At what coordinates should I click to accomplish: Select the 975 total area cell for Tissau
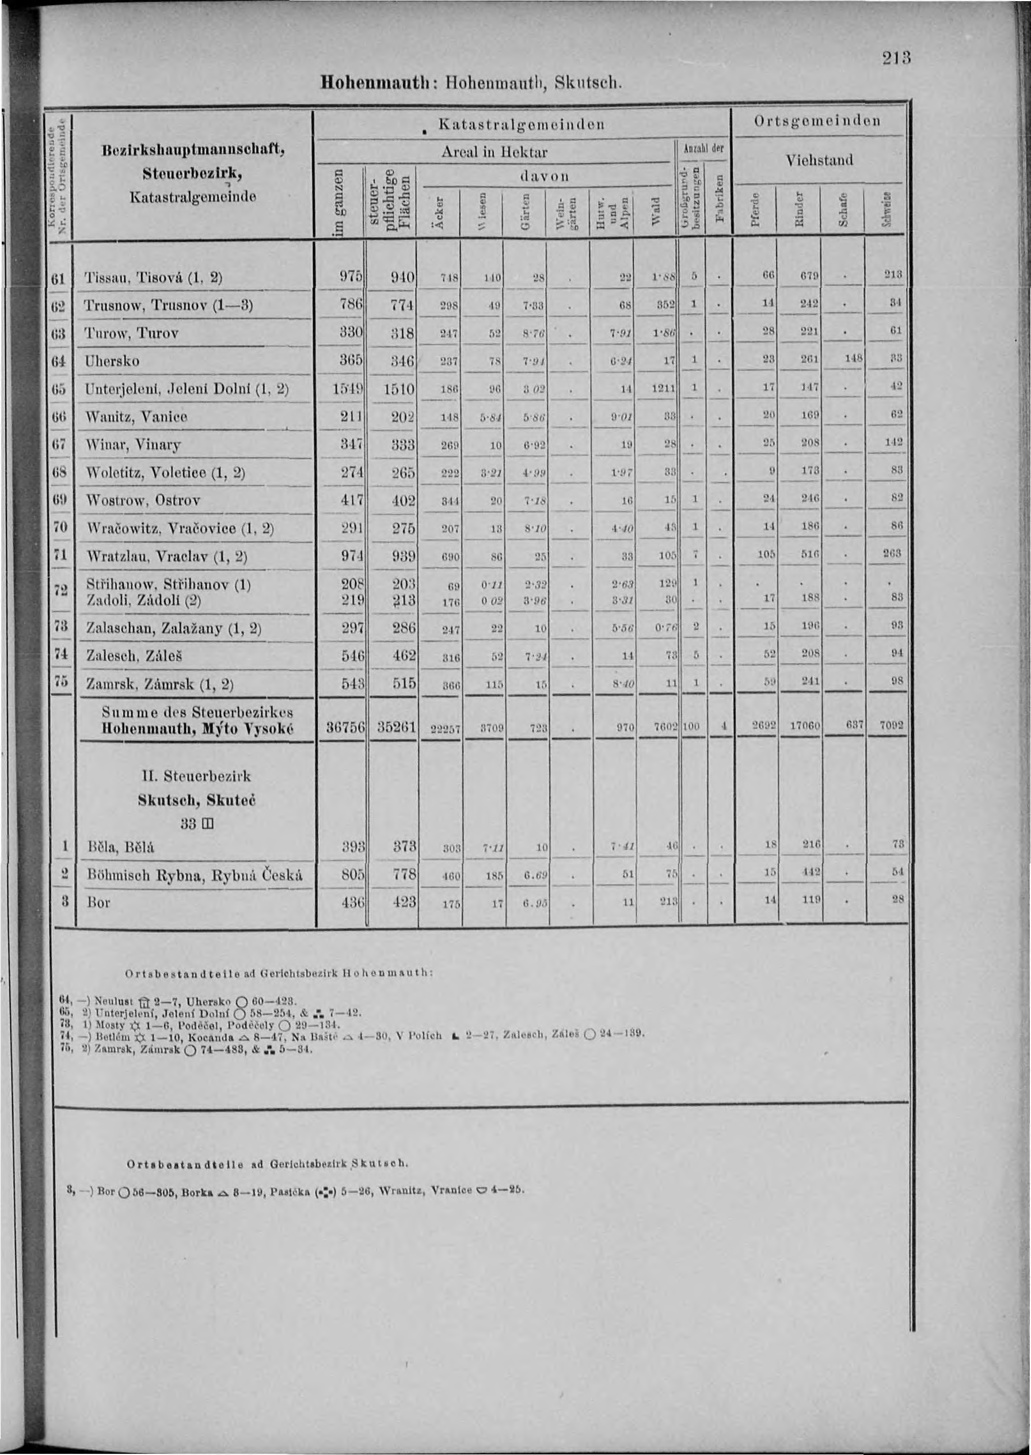[x=351, y=276]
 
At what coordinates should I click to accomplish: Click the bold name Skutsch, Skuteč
[x=196, y=800]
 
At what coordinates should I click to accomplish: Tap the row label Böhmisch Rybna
[x=194, y=875]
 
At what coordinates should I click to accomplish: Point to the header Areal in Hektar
[x=493, y=153]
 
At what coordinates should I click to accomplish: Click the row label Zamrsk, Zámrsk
[x=159, y=684]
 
